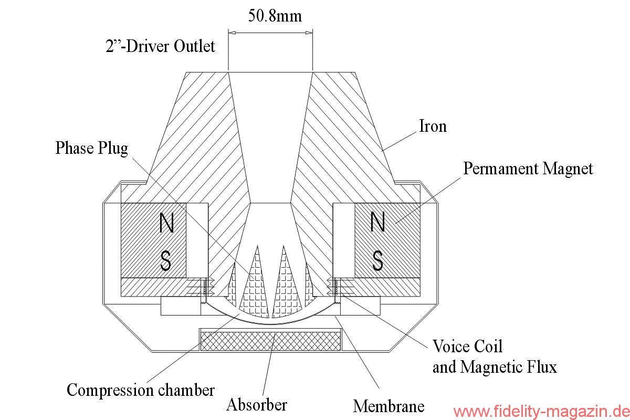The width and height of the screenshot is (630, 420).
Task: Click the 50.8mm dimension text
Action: coord(275,16)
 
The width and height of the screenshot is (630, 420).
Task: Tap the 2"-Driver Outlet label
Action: coord(160,46)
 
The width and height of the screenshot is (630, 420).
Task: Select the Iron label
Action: coord(433,126)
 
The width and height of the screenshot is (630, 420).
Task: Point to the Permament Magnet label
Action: coord(528,169)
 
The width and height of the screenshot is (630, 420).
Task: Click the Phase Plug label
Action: coord(91,148)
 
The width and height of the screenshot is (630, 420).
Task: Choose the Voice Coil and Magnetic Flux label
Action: coord(494,356)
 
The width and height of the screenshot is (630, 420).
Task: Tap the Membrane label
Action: coord(388,406)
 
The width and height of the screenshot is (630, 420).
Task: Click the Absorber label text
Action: coord(257,405)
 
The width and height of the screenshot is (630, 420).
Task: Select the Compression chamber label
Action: coord(141,390)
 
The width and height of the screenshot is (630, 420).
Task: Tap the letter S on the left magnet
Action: coord(166,260)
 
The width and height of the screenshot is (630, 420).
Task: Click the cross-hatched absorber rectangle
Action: coord(270,341)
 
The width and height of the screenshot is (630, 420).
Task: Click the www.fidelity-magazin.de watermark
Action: coord(540,411)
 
